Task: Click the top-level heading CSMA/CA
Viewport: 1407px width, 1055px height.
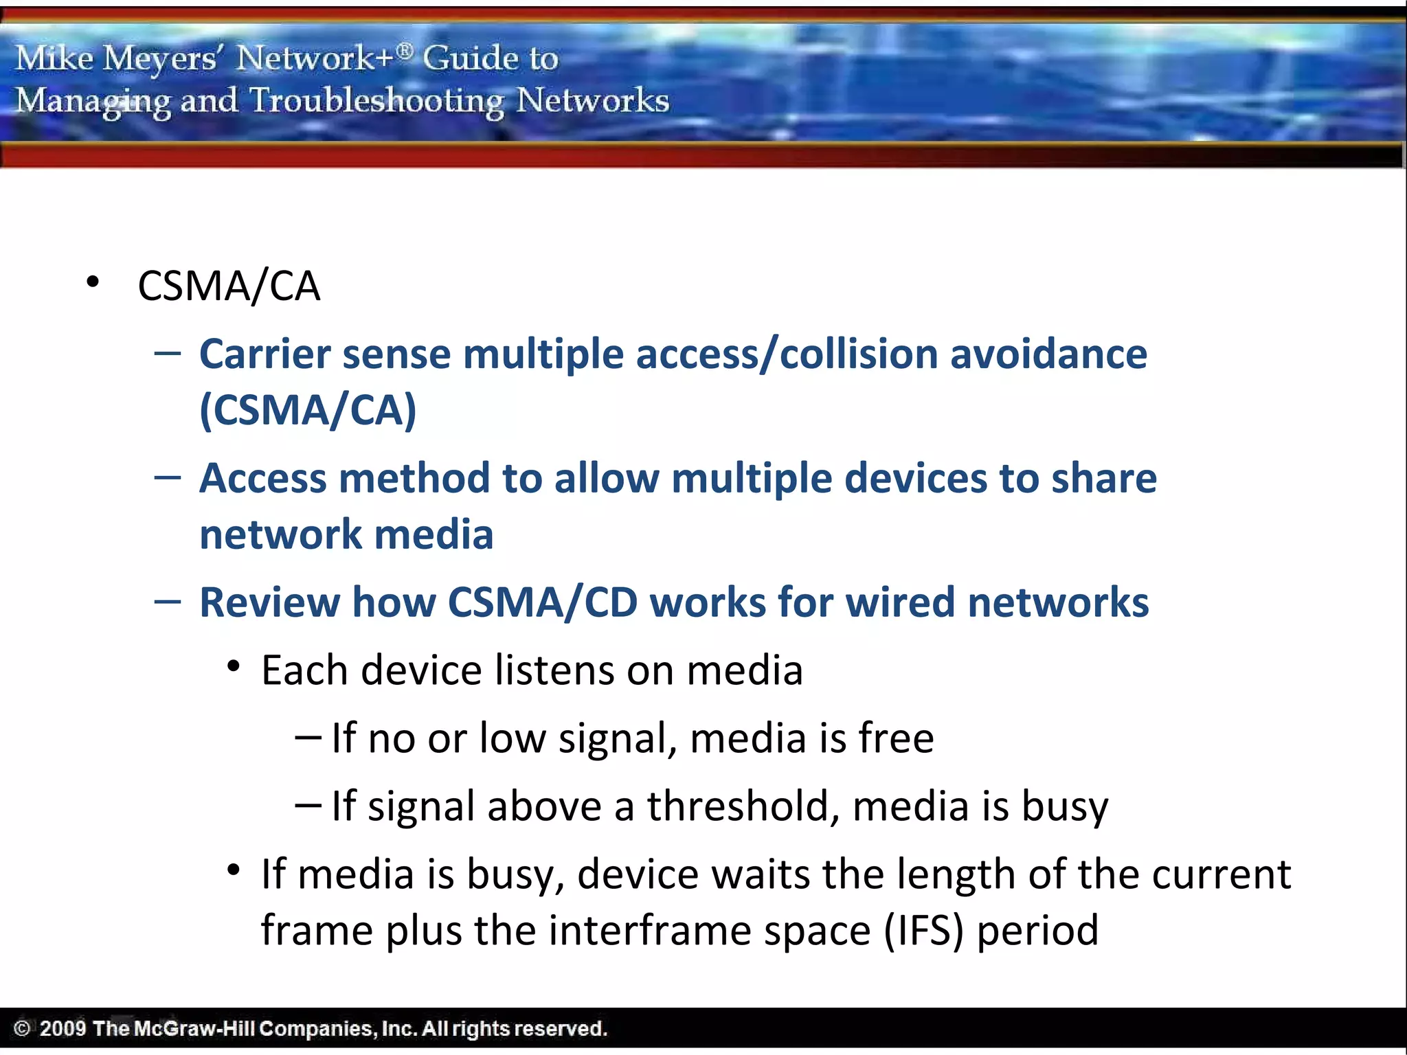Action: pyautogui.click(x=229, y=286)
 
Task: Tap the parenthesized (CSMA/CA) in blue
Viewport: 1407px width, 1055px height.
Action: pyautogui.click(x=308, y=410)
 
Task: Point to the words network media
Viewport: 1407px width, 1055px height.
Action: pyautogui.click(x=346, y=534)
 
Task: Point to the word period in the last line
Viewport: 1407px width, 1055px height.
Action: pyautogui.click(x=1037, y=931)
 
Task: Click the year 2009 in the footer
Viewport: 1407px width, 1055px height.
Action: pyautogui.click(x=63, y=1028)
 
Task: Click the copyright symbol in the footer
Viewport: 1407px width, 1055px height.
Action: pyautogui.click(x=22, y=1028)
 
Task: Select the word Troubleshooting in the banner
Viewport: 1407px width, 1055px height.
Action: pyautogui.click(x=376, y=101)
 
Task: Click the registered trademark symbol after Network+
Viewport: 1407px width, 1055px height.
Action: pyautogui.click(x=405, y=49)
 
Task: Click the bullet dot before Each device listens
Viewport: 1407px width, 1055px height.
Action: pyautogui.click(x=234, y=666)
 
